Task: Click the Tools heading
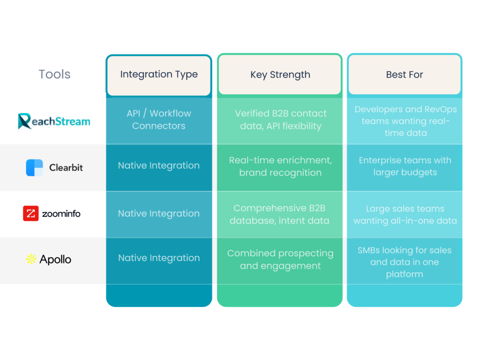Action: (x=54, y=74)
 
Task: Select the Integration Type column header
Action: (x=159, y=75)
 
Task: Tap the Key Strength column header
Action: (x=280, y=75)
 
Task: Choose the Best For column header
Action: (x=405, y=75)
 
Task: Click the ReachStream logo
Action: (x=54, y=121)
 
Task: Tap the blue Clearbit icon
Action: (x=34, y=167)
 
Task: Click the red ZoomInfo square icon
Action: (x=30, y=214)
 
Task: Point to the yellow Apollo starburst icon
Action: (x=31, y=259)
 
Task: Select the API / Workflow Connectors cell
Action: (x=159, y=120)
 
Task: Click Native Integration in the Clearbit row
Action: (x=159, y=165)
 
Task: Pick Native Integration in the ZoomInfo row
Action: (x=159, y=213)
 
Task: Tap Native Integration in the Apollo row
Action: (x=159, y=258)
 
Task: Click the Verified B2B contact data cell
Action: (x=280, y=120)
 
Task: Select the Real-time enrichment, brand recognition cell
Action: (x=280, y=166)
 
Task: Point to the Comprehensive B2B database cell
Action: (x=280, y=214)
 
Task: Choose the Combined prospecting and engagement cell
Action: (x=280, y=259)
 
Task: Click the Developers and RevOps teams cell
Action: (x=405, y=121)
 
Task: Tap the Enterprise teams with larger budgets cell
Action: (x=405, y=166)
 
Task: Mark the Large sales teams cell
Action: (x=405, y=215)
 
